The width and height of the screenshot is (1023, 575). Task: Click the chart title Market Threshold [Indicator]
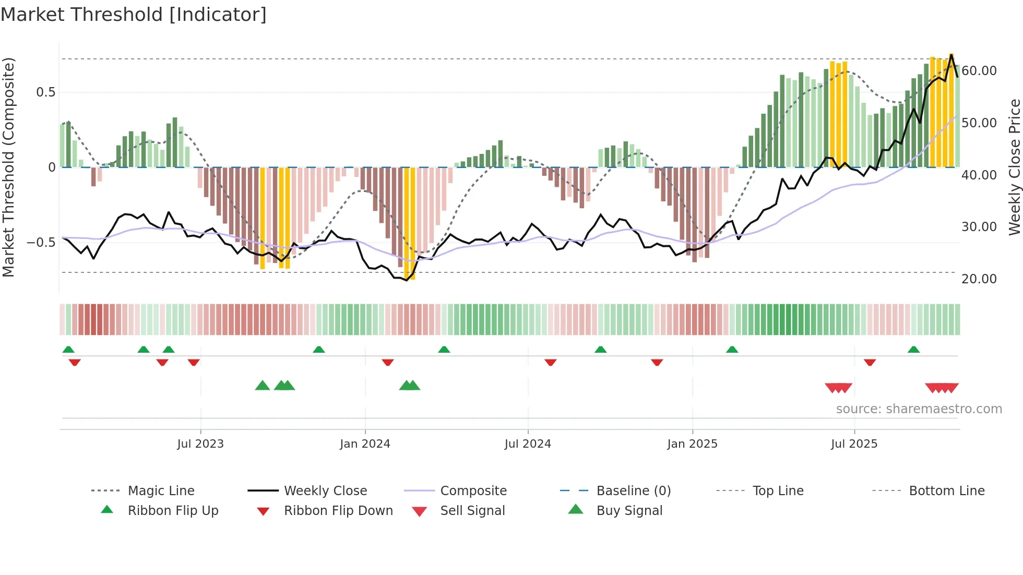[134, 15]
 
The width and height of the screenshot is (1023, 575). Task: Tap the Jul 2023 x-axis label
[200, 444]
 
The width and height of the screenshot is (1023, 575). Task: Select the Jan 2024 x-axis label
[365, 444]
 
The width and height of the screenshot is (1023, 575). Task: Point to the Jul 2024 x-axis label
[528, 444]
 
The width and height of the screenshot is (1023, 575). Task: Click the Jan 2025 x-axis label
[692, 444]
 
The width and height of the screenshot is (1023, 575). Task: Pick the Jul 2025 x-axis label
[854, 444]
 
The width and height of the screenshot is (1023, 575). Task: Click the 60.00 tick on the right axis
[979, 71]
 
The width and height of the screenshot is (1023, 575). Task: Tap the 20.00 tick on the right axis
[979, 279]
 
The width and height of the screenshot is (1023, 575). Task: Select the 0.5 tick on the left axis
[45, 92]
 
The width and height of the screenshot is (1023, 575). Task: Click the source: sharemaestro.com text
[919, 409]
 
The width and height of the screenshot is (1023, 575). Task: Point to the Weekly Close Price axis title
[1014, 167]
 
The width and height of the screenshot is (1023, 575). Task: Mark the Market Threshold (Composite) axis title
[8, 167]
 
